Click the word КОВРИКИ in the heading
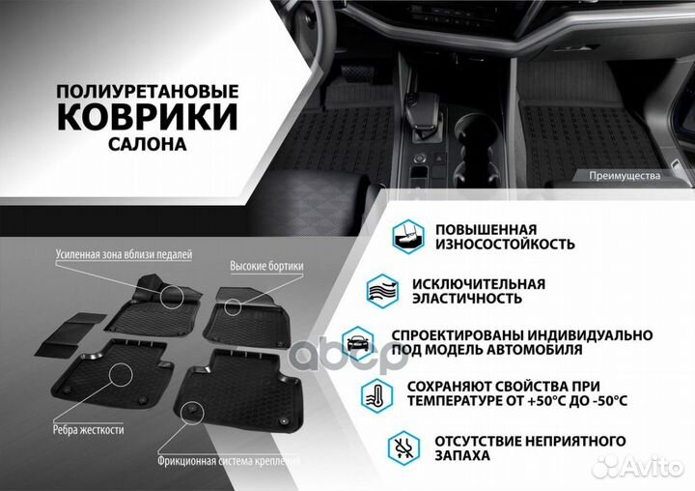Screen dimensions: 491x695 coord(148,117)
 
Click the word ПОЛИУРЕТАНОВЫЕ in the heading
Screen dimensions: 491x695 coord(148,90)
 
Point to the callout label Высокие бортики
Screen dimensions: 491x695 coord(266,266)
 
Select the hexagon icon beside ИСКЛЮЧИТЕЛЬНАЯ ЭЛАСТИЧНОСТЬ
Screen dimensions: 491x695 coord(382,291)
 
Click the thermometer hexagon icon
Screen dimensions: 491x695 coord(375,393)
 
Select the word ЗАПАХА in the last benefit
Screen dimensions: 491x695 coord(462,454)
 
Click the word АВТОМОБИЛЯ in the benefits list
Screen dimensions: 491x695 coord(537,349)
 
